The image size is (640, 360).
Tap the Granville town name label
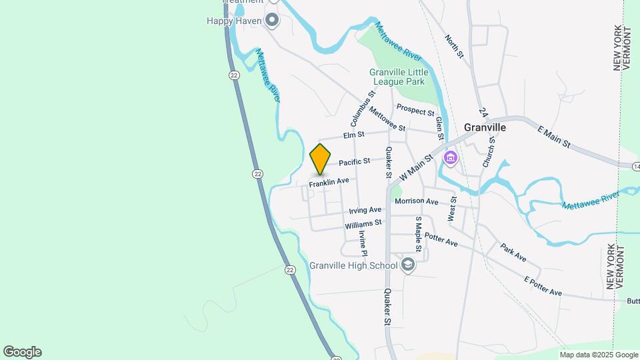click(x=485, y=127)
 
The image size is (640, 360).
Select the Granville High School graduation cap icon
click(x=407, y=265)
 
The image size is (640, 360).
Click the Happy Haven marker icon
click(x=272, y=21)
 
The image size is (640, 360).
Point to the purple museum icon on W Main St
click(x=451, y=158)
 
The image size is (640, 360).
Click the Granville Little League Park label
click(x=397, y=77)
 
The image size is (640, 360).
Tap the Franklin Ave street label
click(x=329, y=181)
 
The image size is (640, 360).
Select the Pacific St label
click(x=354, y=162)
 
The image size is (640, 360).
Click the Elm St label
click(x=353, y=135)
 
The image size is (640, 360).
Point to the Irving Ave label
click(x=365, y=210)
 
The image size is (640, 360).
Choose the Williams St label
click(x=363, y=224)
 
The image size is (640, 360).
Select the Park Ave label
click(x=514, y=253)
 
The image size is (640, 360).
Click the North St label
click(x=454, y=46)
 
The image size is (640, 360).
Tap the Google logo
click(x=22, y=352)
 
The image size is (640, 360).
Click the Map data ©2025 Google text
click(x=599, y=355)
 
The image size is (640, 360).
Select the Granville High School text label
click(x=353, y=265)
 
